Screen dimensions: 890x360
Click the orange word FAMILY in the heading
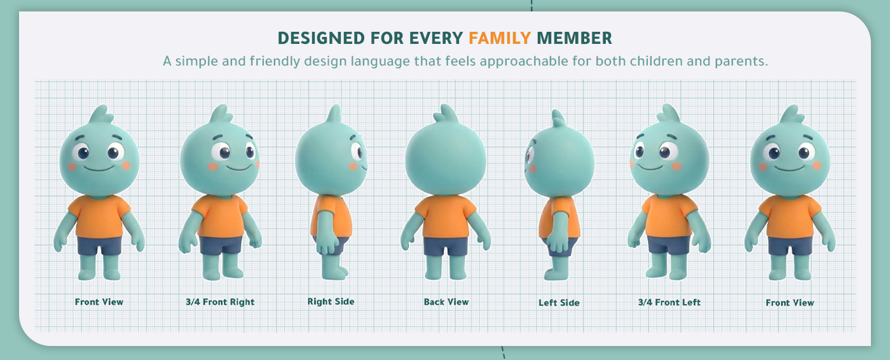pos(500,38)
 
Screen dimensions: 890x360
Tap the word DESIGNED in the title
pos(321,38)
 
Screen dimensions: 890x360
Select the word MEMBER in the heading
pos(574,38)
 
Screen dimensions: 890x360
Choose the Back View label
pos(446,302)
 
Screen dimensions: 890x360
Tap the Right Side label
pos(331,301)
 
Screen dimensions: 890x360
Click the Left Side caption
pos(559,303)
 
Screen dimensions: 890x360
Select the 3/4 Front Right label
pos(220,302)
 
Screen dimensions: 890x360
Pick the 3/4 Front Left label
pos(669,302)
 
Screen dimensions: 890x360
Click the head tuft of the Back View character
pos(446,114)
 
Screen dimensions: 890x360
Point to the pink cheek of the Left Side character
pos(533,169)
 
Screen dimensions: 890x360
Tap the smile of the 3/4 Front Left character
pos(651,167)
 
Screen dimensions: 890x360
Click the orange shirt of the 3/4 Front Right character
pos(221,216)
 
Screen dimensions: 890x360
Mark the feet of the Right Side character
pos(334,273)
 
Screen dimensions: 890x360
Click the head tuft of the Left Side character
pos(558,118)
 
